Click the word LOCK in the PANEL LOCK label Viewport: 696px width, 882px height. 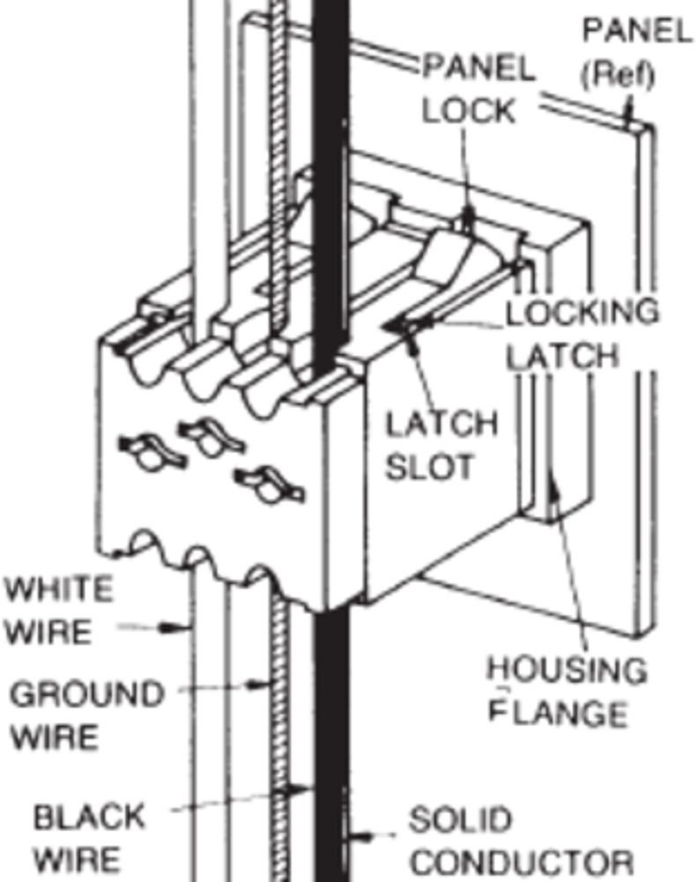click(x=468, y=111)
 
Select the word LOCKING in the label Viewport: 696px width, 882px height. click(x=581, y=311)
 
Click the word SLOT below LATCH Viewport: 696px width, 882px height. click(x=429, y=466)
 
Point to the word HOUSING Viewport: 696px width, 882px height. click(x=567, y=671)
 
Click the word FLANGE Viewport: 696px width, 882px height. click(x=558, y=712)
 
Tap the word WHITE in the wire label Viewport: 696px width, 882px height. click(x=58, y=588)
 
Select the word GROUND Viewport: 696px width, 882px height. click(x=86, y=694)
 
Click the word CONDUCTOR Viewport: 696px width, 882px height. click(x=521, y=861)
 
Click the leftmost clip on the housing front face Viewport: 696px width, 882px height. click(x=145, y=450)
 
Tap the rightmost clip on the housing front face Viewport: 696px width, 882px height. click(x=268, y=482)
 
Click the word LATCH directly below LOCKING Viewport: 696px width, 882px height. click(x=561, y=356)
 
